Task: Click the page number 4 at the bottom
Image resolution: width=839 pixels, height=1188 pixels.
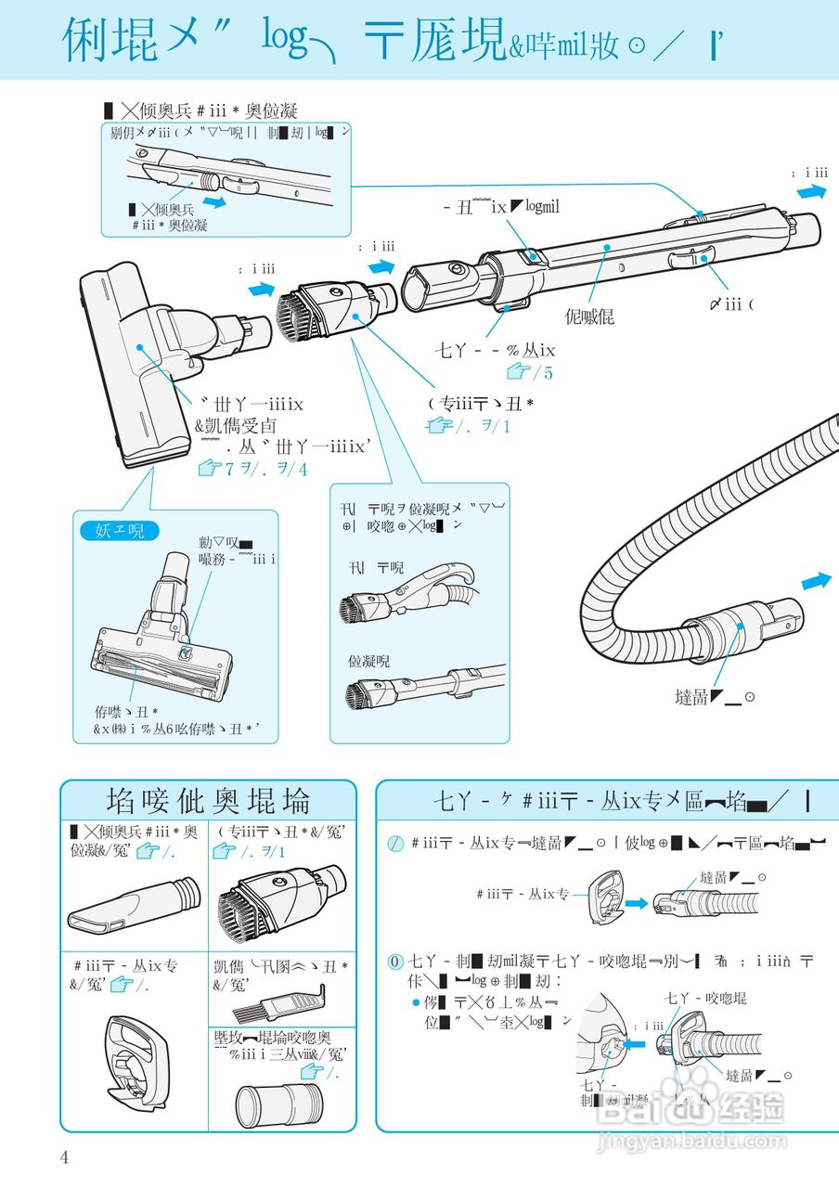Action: pyautogui.click(x=64, y=1156)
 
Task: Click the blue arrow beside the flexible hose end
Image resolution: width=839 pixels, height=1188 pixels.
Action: pyautogui.click(x=816, y=580)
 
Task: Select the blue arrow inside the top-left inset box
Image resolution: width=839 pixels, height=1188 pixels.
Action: pyautogui.click(x=213, y=200)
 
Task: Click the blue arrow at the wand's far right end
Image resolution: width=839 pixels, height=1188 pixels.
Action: pyautogui.click(x=811, y=191)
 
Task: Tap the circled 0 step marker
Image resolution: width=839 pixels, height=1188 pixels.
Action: pyautogui.click(x=394, y=961)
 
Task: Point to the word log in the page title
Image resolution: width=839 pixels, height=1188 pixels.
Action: pyautogui.click(x=284, y=38)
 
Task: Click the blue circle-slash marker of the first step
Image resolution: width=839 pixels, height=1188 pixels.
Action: pyautogui.click(x=394, y=843)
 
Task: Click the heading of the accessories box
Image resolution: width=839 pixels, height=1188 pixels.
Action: pyautogui.click(x=208, y=800)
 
